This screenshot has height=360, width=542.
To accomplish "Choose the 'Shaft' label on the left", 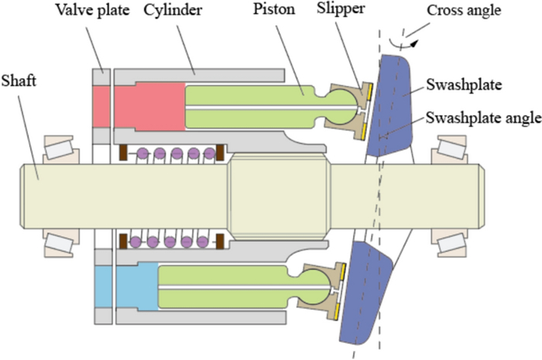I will coord(18,80).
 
